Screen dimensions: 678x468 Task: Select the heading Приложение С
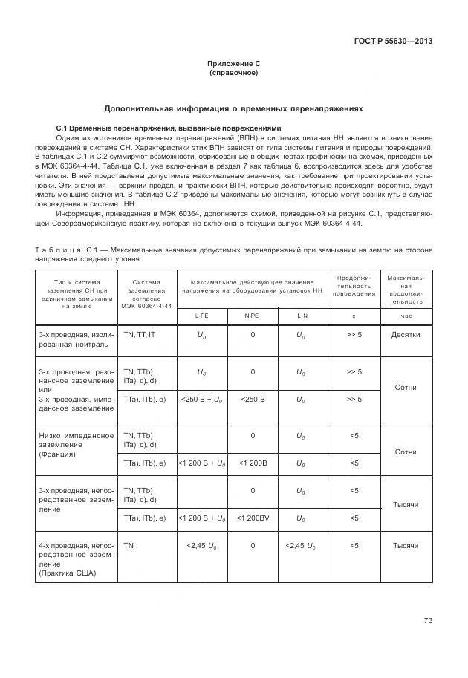click(x=233, y=65)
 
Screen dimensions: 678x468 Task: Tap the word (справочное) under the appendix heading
click(x=233, y=74)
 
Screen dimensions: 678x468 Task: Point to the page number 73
click(x=428, y=620)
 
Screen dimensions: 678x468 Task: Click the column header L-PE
click(x=201, y=315)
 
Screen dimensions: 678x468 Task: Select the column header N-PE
click(x=252, y=315)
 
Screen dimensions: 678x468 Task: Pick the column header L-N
click(x=302, y=315)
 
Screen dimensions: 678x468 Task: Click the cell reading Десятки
click(x=406, y=335)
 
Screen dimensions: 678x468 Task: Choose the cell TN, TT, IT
click(x=140, y=335)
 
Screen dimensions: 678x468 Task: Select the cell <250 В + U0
click(x=201, y=400)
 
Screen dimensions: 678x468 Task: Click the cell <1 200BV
click(x=252, y=518)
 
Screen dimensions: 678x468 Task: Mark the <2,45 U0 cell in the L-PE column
click(x=201, y=546)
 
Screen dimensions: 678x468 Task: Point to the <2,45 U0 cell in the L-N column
click(x=302, y=546)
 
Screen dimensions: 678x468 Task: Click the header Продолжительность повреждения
click(x=354, y=286)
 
